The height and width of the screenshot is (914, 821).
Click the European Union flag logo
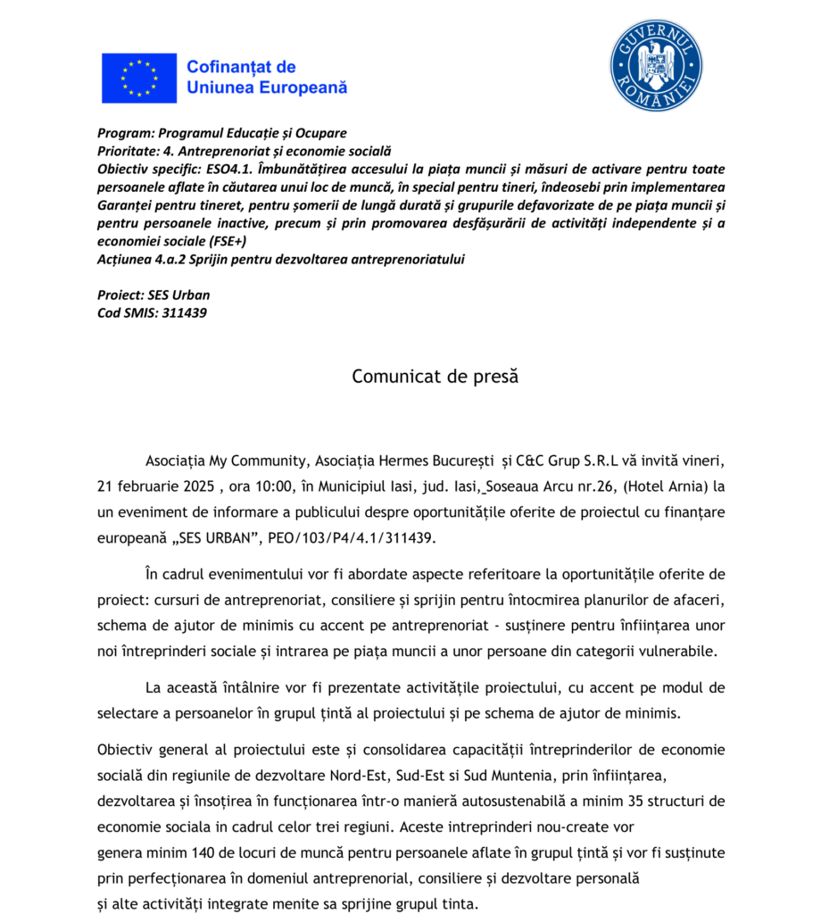(x=138, y=78)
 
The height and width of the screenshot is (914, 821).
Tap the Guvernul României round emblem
(x=655, y=65)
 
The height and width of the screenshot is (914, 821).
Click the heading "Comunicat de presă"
(x=435, y=376)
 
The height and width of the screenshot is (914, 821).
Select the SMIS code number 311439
(x=185, y=313)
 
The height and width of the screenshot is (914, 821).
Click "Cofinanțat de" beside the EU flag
(x=240, y=67)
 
